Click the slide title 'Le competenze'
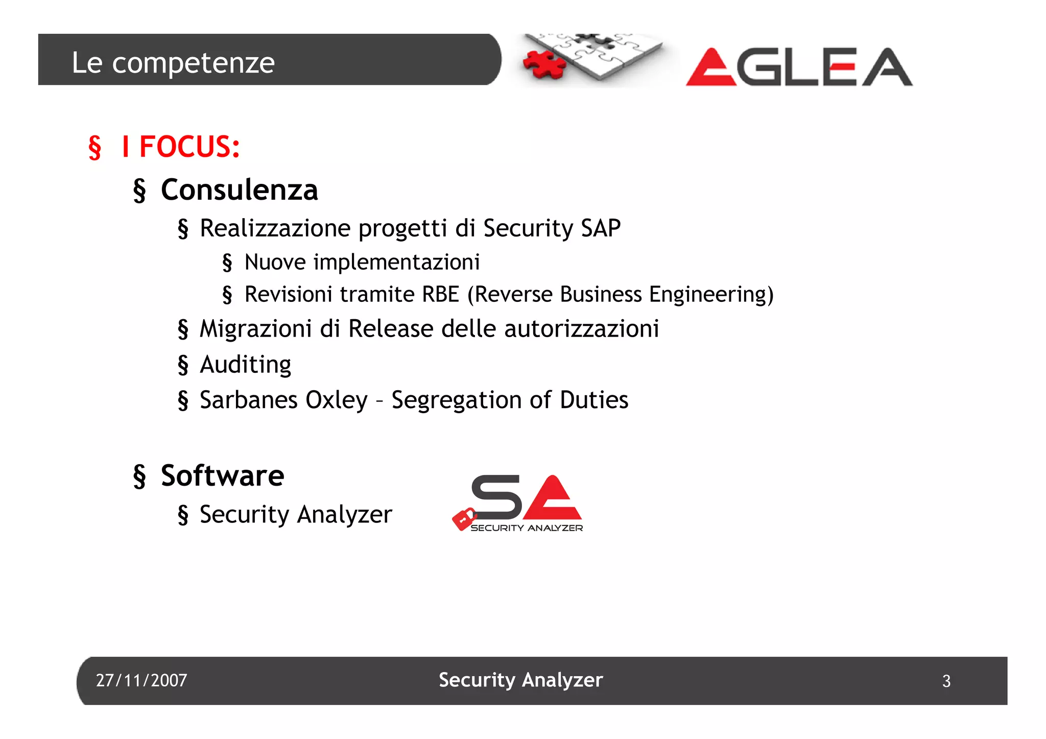pyautogui.click(x=173, y=62)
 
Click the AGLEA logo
pyautogui.click(x=799, y=67)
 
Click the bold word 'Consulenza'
pyautogui.click(x=239, y=190)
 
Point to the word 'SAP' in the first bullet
pyautogui.click(x=601, y=228)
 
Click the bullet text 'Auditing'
pyautogui.click(x=245, y=365)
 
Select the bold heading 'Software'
pyautogui.click(x=222, y=475)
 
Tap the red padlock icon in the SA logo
pyautogui.click(x=464, y=519)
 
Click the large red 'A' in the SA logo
pyautogui.click(x=553, y=498)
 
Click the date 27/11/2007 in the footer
pyautogui.click(x=141, y=680)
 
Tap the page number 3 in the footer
pyautogui.click(x=946, y=681)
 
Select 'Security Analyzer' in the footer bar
pyautogui.click(x=520, y=680)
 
